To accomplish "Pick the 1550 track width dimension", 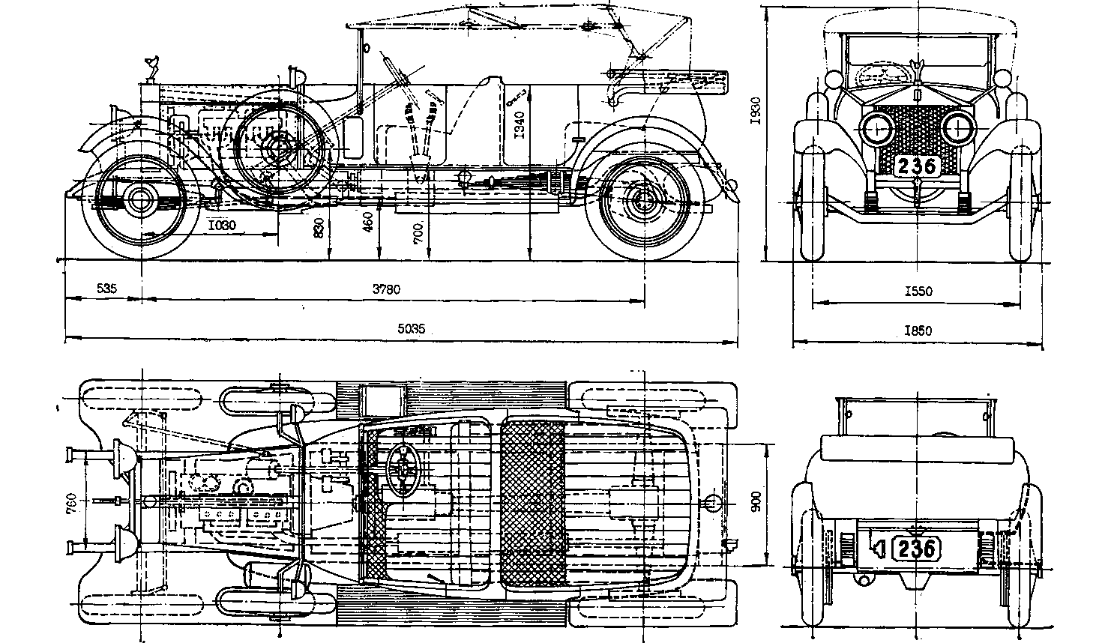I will tap(918, 291).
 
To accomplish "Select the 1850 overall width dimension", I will tap(918, 330).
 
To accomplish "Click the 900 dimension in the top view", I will tap(756, 503).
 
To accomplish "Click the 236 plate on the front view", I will tap(917, 166).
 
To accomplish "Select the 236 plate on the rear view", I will tap(916, 549).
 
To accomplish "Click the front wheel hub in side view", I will tap(140, 199).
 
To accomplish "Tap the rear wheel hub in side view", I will tap(642, 199).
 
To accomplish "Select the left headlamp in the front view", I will tap(877, 129).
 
